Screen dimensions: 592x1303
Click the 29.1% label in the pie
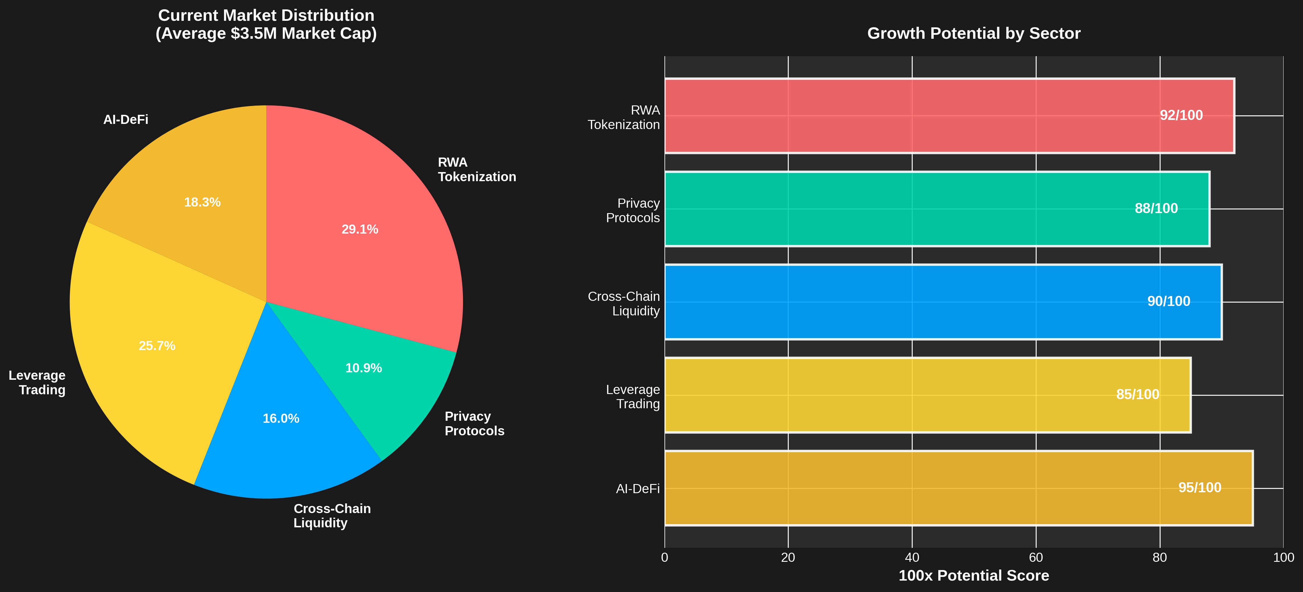coord(360,230)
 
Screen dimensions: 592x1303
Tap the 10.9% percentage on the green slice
coord(363,368)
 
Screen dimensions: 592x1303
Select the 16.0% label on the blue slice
coord(281,419)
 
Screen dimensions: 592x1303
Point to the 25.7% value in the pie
coord(157,346)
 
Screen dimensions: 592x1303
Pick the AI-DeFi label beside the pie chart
coord(125,120)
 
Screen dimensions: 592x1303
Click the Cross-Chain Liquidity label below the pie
coord(332,516)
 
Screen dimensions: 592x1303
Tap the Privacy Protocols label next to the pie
coord(474,424)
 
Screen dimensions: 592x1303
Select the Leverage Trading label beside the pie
coord(37,383)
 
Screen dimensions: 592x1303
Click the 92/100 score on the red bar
coord(1181,115)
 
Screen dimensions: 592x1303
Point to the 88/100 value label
coord(1156,208)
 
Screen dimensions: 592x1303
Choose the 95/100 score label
coord(1200,487)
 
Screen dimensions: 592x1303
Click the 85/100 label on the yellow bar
coord(1137,394)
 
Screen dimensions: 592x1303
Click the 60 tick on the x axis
coord(1036,558)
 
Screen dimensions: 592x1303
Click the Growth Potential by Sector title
coord(974,33)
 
